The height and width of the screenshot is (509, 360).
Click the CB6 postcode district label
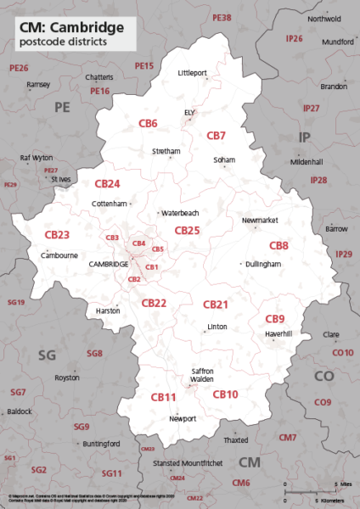(x=148, y=123)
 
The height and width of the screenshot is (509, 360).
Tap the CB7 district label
(x=217, y=136)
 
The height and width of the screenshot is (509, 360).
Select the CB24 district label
(x=107, y=183)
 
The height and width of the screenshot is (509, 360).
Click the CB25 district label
(x=187, y=230)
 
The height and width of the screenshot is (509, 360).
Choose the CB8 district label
(x=278, y=245)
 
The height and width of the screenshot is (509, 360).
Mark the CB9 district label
(x=274, y=318)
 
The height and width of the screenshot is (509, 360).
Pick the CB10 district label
(x=225, y=394)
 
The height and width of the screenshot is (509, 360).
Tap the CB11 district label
(x=163, y=397)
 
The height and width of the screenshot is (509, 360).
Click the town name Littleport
(x=193, y=73)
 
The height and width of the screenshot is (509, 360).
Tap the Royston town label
(x=66, y=378)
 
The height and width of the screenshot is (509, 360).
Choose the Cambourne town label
(x=59, y=255)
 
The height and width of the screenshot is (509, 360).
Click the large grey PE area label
(x=62, y=107)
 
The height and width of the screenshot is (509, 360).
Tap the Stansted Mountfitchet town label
(x=188, y=463)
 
